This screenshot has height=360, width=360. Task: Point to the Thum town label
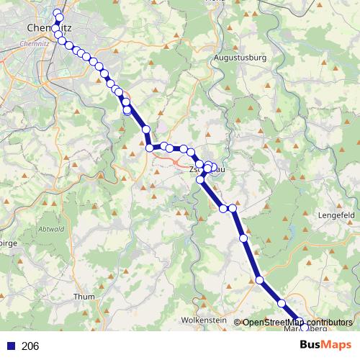tap(84, 296)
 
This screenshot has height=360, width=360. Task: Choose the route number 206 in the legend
tap(31, 346)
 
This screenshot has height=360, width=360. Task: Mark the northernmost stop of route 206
tap(58, 12)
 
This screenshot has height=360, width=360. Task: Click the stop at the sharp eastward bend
tap(150, 148)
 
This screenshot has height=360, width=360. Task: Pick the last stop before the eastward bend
tap(145, 130)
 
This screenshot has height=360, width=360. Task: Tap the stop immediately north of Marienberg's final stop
tap(283, 304)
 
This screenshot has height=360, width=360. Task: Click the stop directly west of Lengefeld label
tap(243, 238)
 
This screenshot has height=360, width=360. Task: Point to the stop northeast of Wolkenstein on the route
tap(260, 280)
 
